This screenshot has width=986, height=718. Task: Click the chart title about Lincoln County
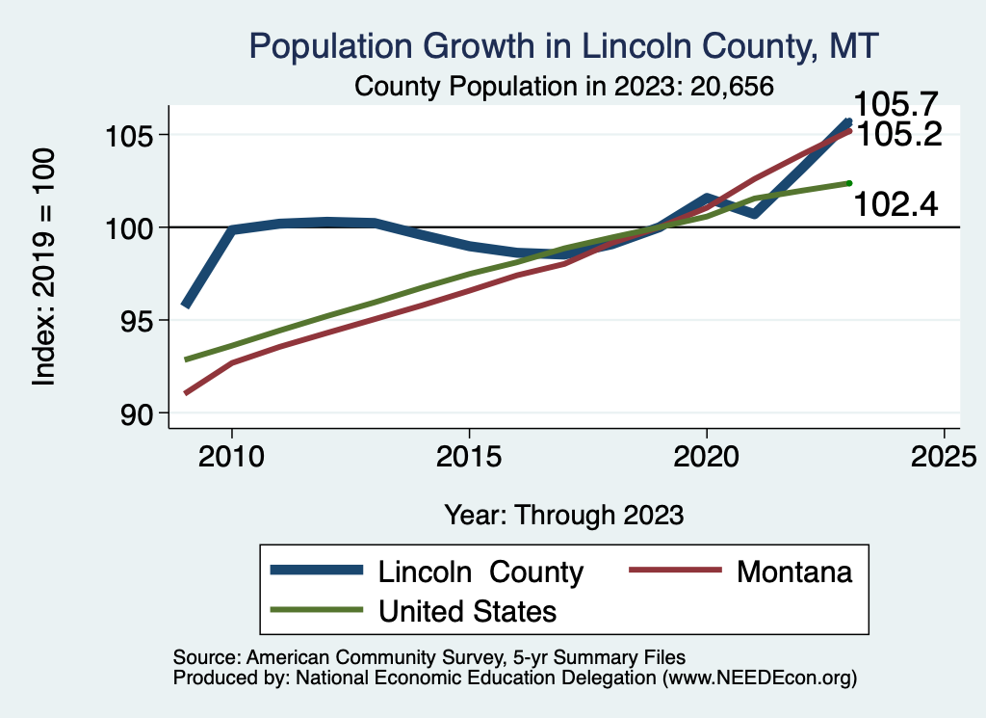[x=564, y=46]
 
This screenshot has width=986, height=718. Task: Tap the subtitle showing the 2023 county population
[x=564, y=86]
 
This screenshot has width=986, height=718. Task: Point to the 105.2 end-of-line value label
[x=898, y=134]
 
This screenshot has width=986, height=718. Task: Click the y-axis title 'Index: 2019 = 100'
[x=44, y=268]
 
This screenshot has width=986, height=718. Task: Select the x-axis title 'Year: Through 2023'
[x=564, y=515]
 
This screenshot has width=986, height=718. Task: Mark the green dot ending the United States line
[x=849, y=182]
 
